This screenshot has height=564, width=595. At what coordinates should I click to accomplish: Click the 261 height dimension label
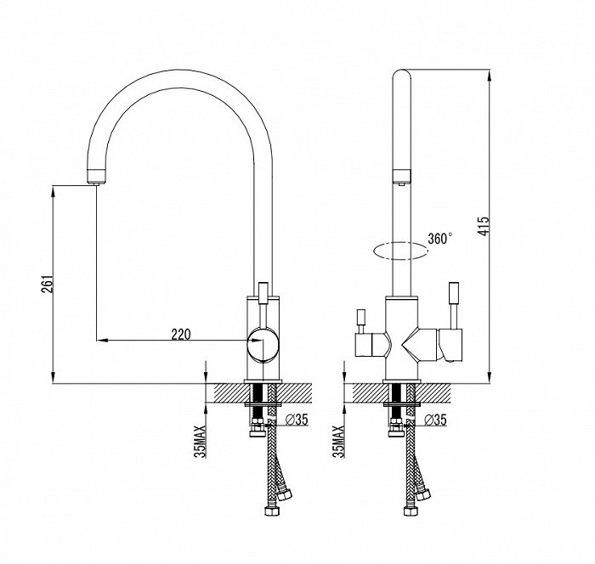coord(48,284)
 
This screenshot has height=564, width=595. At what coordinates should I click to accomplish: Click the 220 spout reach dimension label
coord(180,335)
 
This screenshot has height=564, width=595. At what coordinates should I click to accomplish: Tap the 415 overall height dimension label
coord(484,226)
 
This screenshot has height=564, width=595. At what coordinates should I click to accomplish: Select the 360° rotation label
coord(439,239)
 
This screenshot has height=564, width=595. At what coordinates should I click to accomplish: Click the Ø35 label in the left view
coord(296,420)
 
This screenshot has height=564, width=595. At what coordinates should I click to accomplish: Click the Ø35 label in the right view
coord(435,420)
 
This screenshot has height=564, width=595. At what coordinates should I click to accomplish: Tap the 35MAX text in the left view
coord(200,442)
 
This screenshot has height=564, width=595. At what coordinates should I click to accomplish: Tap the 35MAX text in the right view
coord(338,442)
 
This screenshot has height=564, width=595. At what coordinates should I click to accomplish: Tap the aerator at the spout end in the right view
coord(401,178)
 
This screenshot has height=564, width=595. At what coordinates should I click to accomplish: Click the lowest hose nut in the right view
coord(411,510)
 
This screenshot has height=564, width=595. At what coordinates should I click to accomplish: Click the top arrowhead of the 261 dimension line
coord(53,192)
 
